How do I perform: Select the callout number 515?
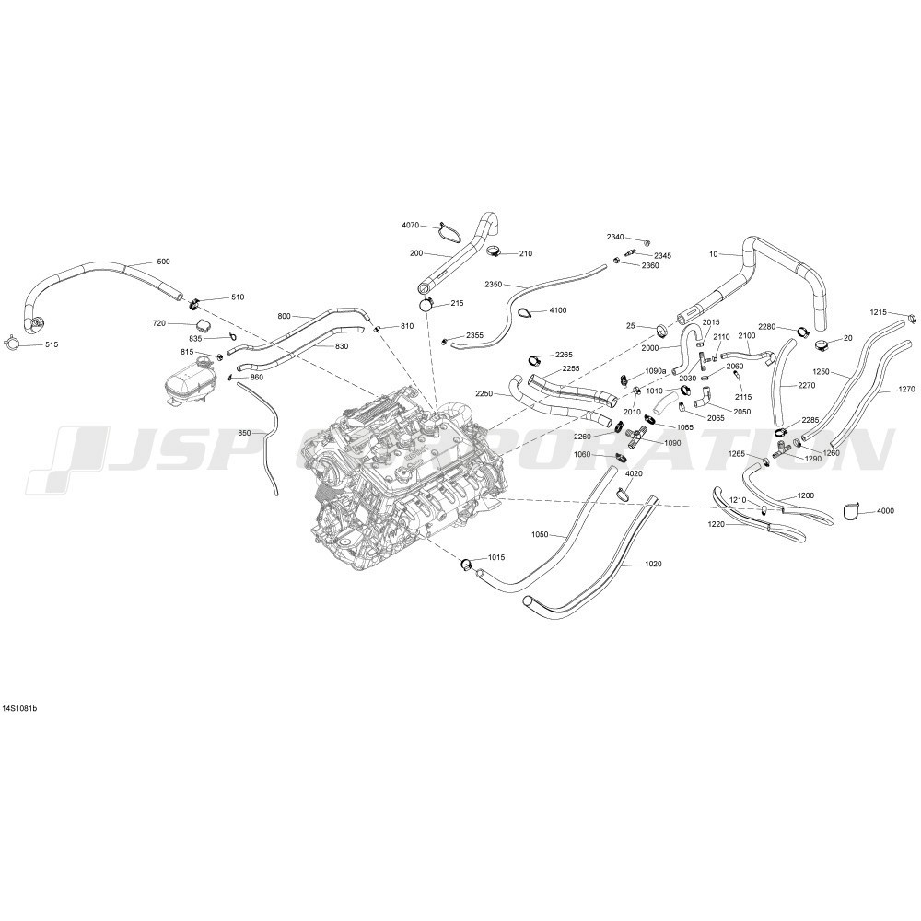click(52, 344)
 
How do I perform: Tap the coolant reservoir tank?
click(188, 379)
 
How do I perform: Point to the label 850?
click(244, 433)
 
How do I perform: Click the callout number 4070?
click(411, 225)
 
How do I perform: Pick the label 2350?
click(494, 285)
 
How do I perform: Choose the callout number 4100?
click(558, 310)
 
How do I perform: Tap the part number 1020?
click(653, 564)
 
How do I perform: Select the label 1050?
click(540, 534)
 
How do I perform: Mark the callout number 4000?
click(885, 511)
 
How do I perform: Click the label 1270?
click(906, 389)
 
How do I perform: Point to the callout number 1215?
click(878, 312)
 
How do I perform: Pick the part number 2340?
click(615, 237)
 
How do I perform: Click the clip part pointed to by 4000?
click(851, 511)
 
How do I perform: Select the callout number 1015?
click(496, 557)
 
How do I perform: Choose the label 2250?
click(484, 394)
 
